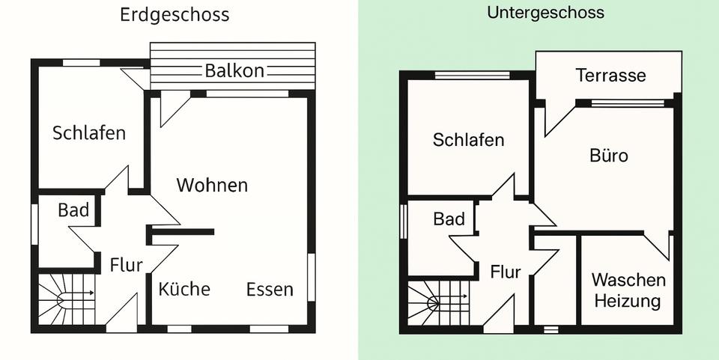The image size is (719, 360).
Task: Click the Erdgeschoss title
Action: [175, 15]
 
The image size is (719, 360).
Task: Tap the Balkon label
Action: [234, 71]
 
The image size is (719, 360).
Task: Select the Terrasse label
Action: [610, 76]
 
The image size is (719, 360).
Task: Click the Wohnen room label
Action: [212, 185]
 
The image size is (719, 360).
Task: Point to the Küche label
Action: [184, 289]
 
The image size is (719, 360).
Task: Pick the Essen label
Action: [270, 290]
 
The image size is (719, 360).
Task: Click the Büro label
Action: [608, 156]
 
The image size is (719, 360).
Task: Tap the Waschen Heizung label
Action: [628, 290]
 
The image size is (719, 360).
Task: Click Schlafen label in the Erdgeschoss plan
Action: [89, 133]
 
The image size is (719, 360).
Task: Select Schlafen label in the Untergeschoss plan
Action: [468, 140]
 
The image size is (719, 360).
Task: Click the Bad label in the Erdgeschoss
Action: [73, 210]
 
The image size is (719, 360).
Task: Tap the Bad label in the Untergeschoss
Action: [449, 220]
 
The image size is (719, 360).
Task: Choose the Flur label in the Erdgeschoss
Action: [126, 265]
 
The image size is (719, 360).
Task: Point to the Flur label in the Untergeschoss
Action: [506, 272]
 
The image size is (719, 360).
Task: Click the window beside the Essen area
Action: [311, 277]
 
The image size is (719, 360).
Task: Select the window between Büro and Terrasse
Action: [627, 103]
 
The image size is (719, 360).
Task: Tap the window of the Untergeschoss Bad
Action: [404, 221]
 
